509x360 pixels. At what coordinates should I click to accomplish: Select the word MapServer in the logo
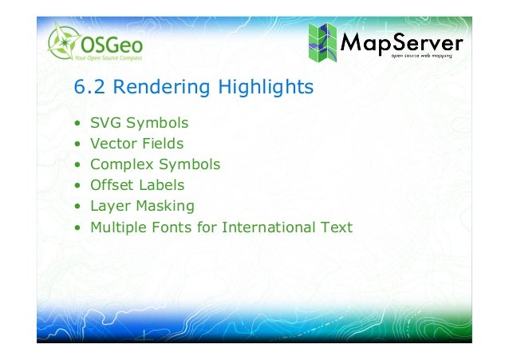coord(401,39)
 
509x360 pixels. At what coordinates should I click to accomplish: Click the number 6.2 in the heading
coord(88,87)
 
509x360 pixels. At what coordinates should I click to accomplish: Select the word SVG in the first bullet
coord(104,124)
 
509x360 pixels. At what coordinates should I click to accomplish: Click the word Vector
coord(112,144)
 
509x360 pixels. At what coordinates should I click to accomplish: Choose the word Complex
coord(117,165)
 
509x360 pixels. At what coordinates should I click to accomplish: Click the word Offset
coord(110,186)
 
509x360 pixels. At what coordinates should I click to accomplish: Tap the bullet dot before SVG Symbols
coord(77,125)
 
